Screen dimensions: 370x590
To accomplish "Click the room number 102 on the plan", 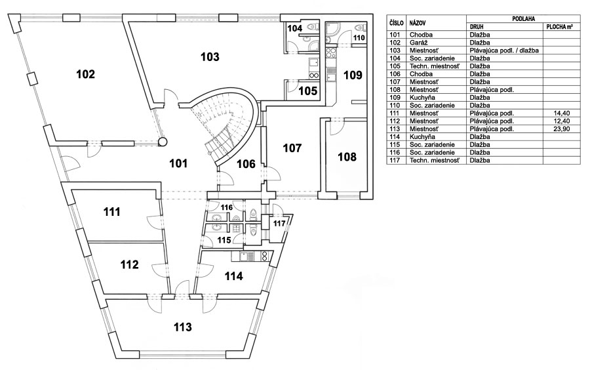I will [86, 74].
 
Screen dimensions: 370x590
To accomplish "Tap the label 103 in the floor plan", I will [209, 57].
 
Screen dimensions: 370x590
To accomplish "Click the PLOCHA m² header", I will [561, 27].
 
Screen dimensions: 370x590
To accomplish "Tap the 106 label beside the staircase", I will [245, 163].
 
